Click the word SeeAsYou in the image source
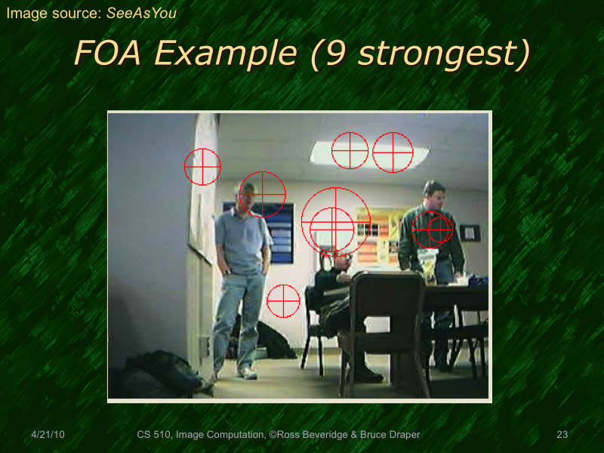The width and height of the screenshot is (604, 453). (x=143, y=12)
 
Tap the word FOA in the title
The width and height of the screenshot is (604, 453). (x=105, y=53)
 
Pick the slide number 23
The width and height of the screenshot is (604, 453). (x=562, y=435)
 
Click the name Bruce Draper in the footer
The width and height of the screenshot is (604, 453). (x=387, y=435)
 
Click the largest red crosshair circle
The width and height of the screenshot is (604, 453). (x=335, y=221)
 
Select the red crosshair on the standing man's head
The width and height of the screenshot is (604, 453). (x=262, y=195)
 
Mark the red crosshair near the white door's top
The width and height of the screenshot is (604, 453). (x=203, y=167)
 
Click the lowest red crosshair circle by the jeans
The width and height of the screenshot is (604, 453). (x=284, y=300)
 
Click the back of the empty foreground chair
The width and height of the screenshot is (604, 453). (x=389, y=302)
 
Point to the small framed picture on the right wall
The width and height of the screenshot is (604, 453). (x=470, y=233)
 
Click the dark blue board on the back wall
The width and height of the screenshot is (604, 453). (x=279, y=234)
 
